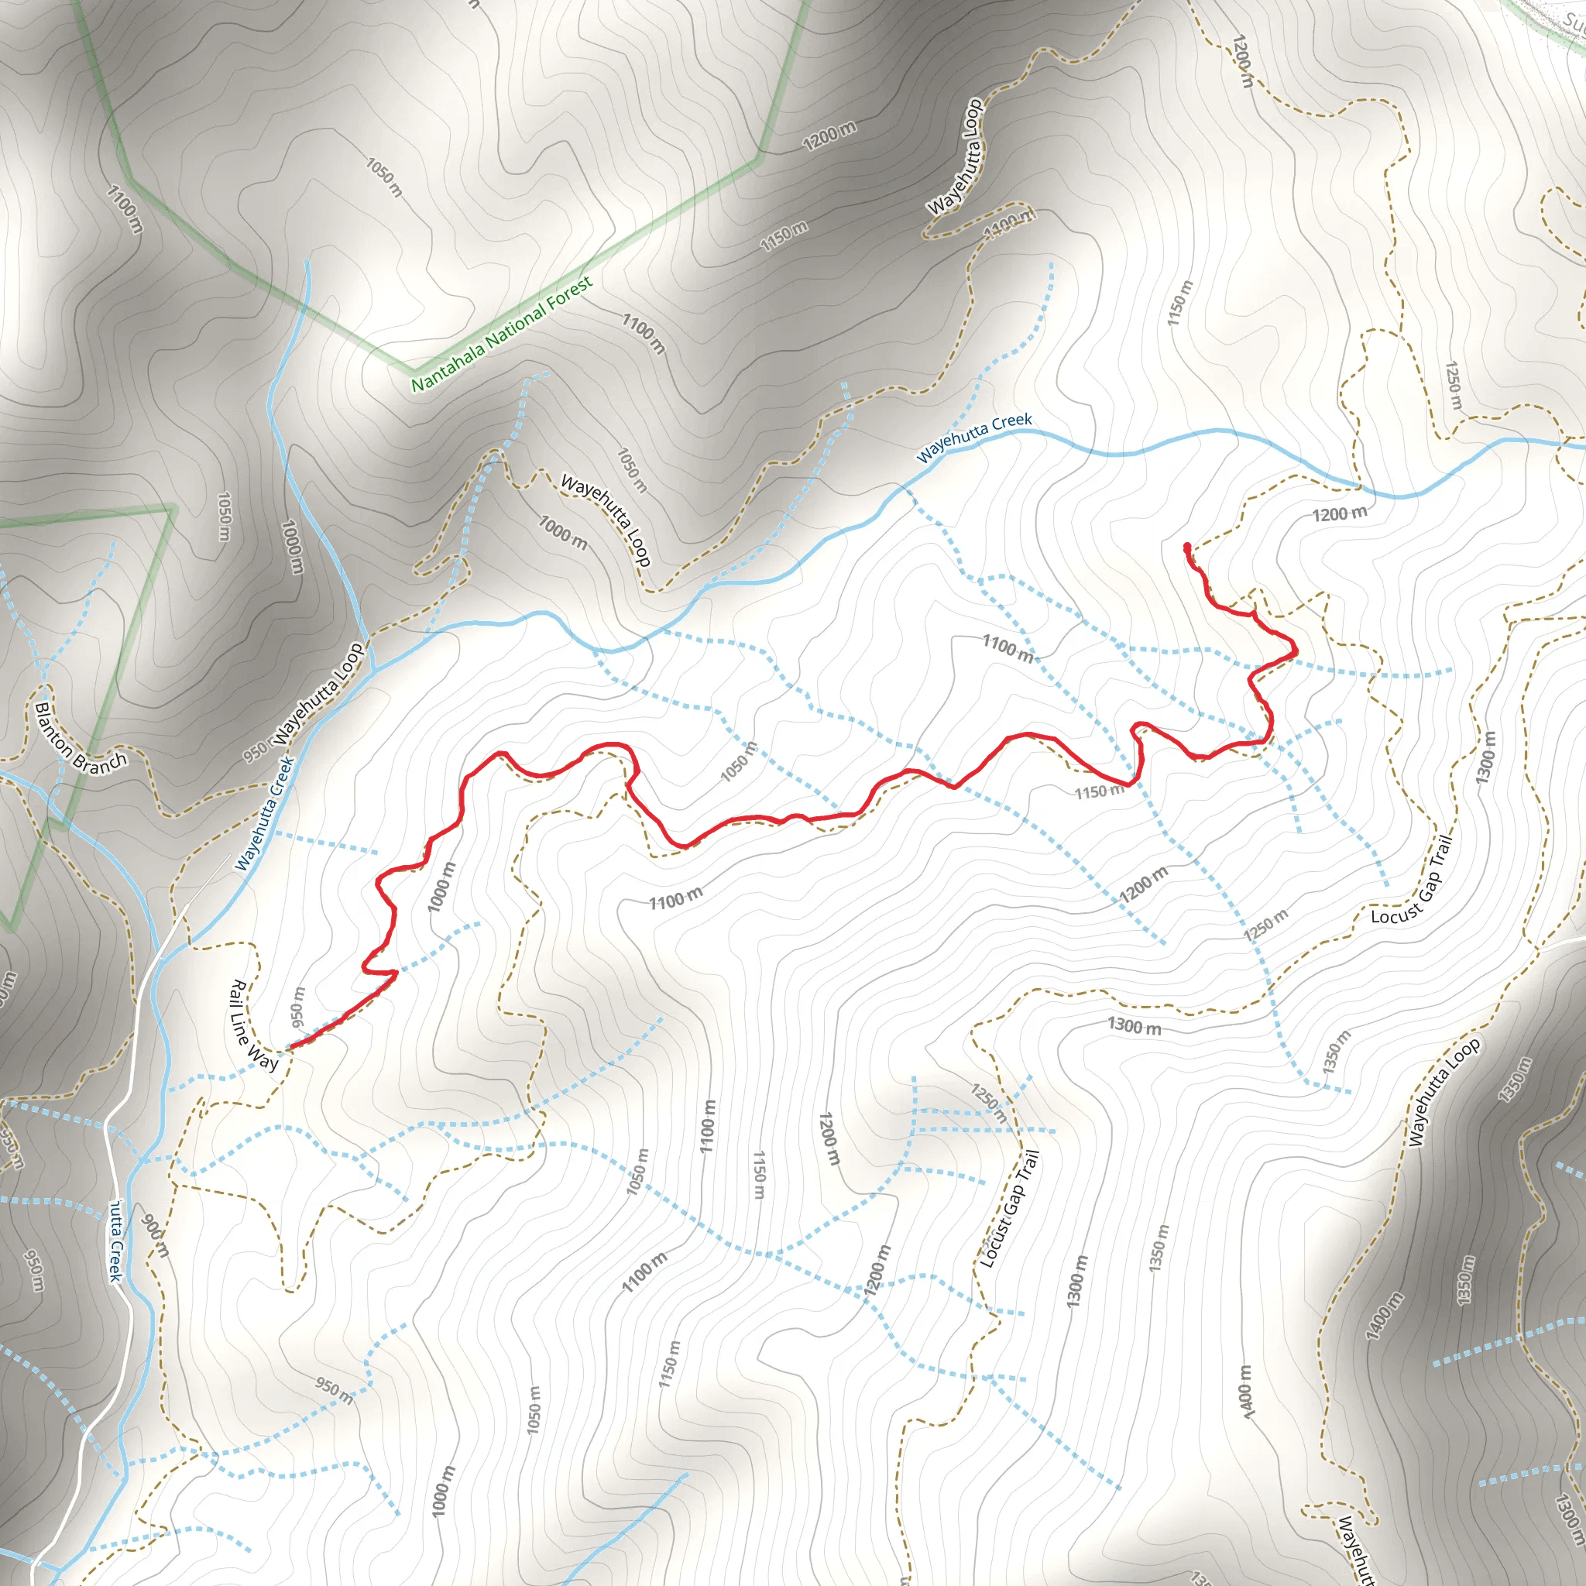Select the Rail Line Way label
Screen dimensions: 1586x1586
[x=254, y=1025]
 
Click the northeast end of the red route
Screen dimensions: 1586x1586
[x=1187, y=546]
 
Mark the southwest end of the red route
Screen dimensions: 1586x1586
[x=289, y=1049]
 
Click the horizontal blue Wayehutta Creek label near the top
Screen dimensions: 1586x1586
[x=974, y=438]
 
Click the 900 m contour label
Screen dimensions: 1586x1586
[x=155, y=1236]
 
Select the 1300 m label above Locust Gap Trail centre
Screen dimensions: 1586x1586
[x=1135, y=1026]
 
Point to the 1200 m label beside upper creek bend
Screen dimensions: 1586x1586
[x=1340, y=515]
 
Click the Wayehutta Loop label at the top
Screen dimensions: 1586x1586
[x=955, y=156]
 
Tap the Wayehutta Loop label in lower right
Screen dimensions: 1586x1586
[x=1445, y=1091]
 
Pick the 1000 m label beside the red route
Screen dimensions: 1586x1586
[x=441, y=887]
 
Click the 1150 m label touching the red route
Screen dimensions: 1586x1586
[x=1099, y=791]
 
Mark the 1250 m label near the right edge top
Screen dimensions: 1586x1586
[x=1453, y=386]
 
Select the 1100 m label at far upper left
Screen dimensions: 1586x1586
[x=125, y=208]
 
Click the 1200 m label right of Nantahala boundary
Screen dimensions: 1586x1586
[x=829, y=136]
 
